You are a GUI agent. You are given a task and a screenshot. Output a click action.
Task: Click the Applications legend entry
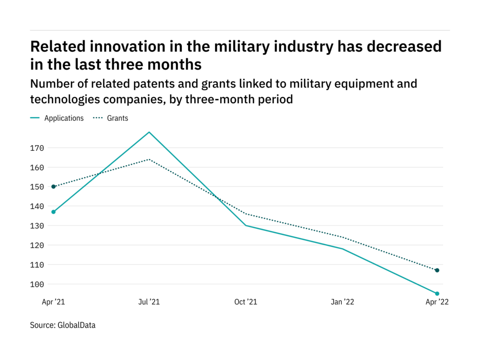click(x=63, y=118)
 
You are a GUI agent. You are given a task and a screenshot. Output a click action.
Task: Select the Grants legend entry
click(x=117, y=118)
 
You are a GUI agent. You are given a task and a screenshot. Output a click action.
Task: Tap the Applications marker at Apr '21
click(x=54, y=212)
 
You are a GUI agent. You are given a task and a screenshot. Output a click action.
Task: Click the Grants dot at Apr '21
click(x=54, y=186)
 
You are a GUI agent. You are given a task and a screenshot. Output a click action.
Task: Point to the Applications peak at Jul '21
click(x=149, y=132)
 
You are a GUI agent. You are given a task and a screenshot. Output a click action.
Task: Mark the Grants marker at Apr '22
click(x=437, y=270)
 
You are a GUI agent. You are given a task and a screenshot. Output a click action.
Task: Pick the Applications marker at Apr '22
click(x=437, y=293)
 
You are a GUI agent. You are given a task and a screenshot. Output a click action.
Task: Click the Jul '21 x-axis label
click(x=149, y=302)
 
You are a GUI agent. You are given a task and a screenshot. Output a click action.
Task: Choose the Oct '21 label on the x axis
click(x=246, y=302)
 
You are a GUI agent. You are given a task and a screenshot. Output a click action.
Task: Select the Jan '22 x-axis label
click(x=343, y=302)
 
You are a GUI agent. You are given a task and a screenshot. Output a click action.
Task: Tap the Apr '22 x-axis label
click(x=437, y=302)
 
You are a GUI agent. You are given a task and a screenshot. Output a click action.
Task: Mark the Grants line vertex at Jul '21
click(x=149, y=159)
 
